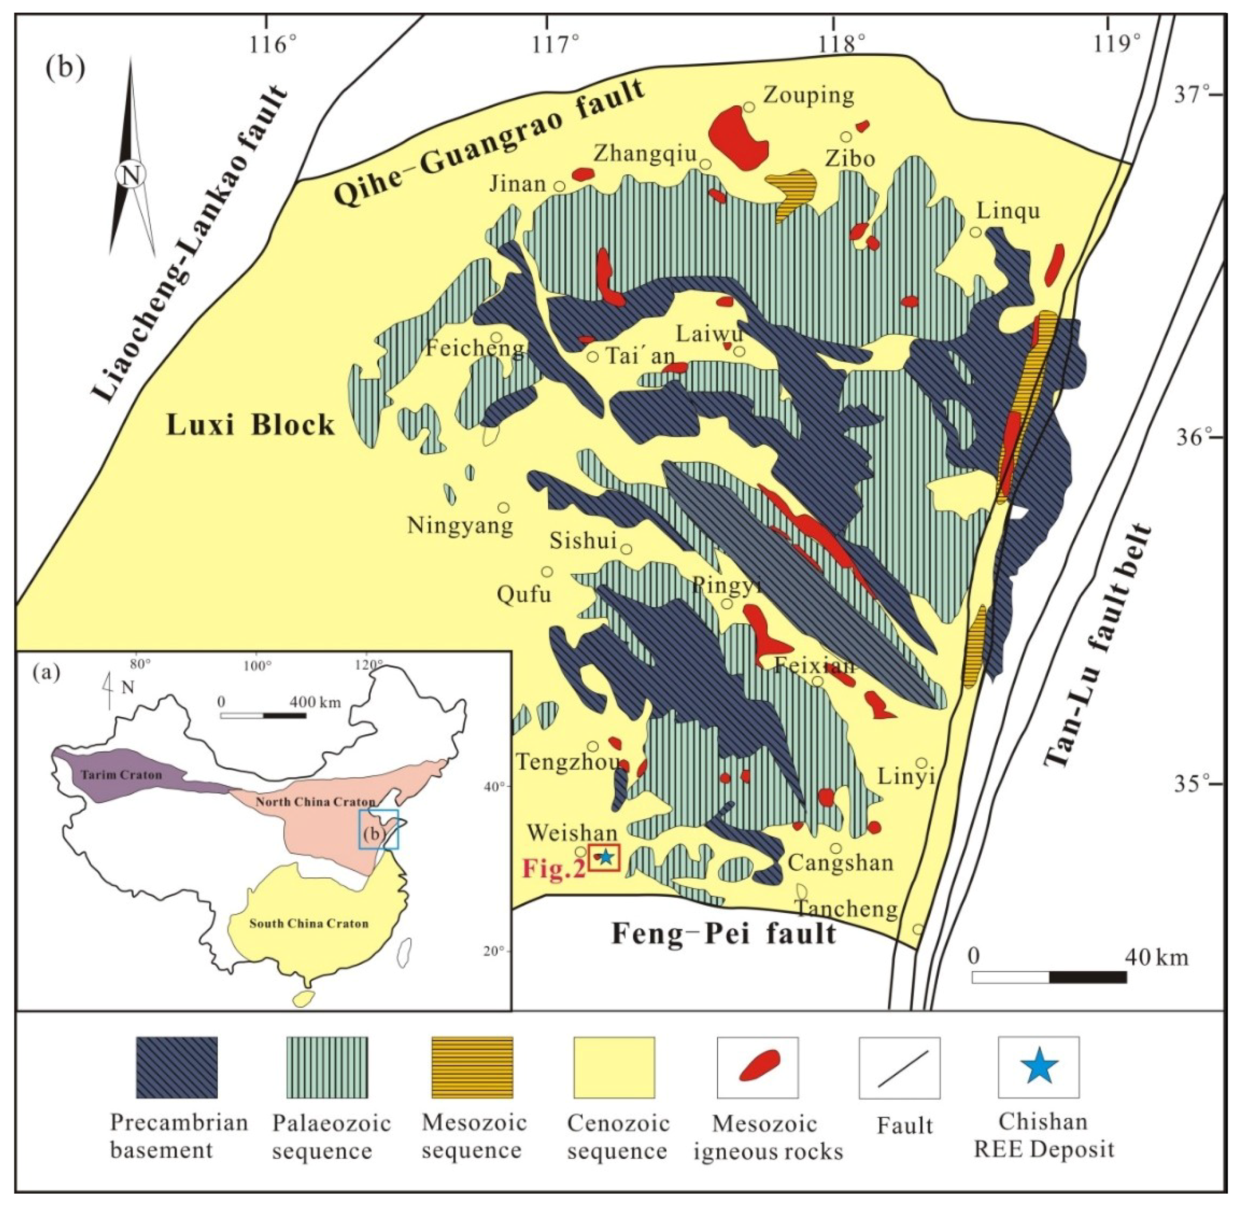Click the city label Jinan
[517, 184]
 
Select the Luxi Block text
[250, 425]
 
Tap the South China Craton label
[308, 923]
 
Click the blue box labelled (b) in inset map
[379, 829]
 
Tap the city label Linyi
[905, 776]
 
